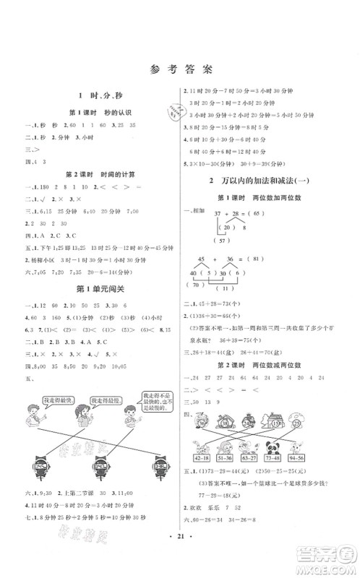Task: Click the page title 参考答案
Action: (180, 71)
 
